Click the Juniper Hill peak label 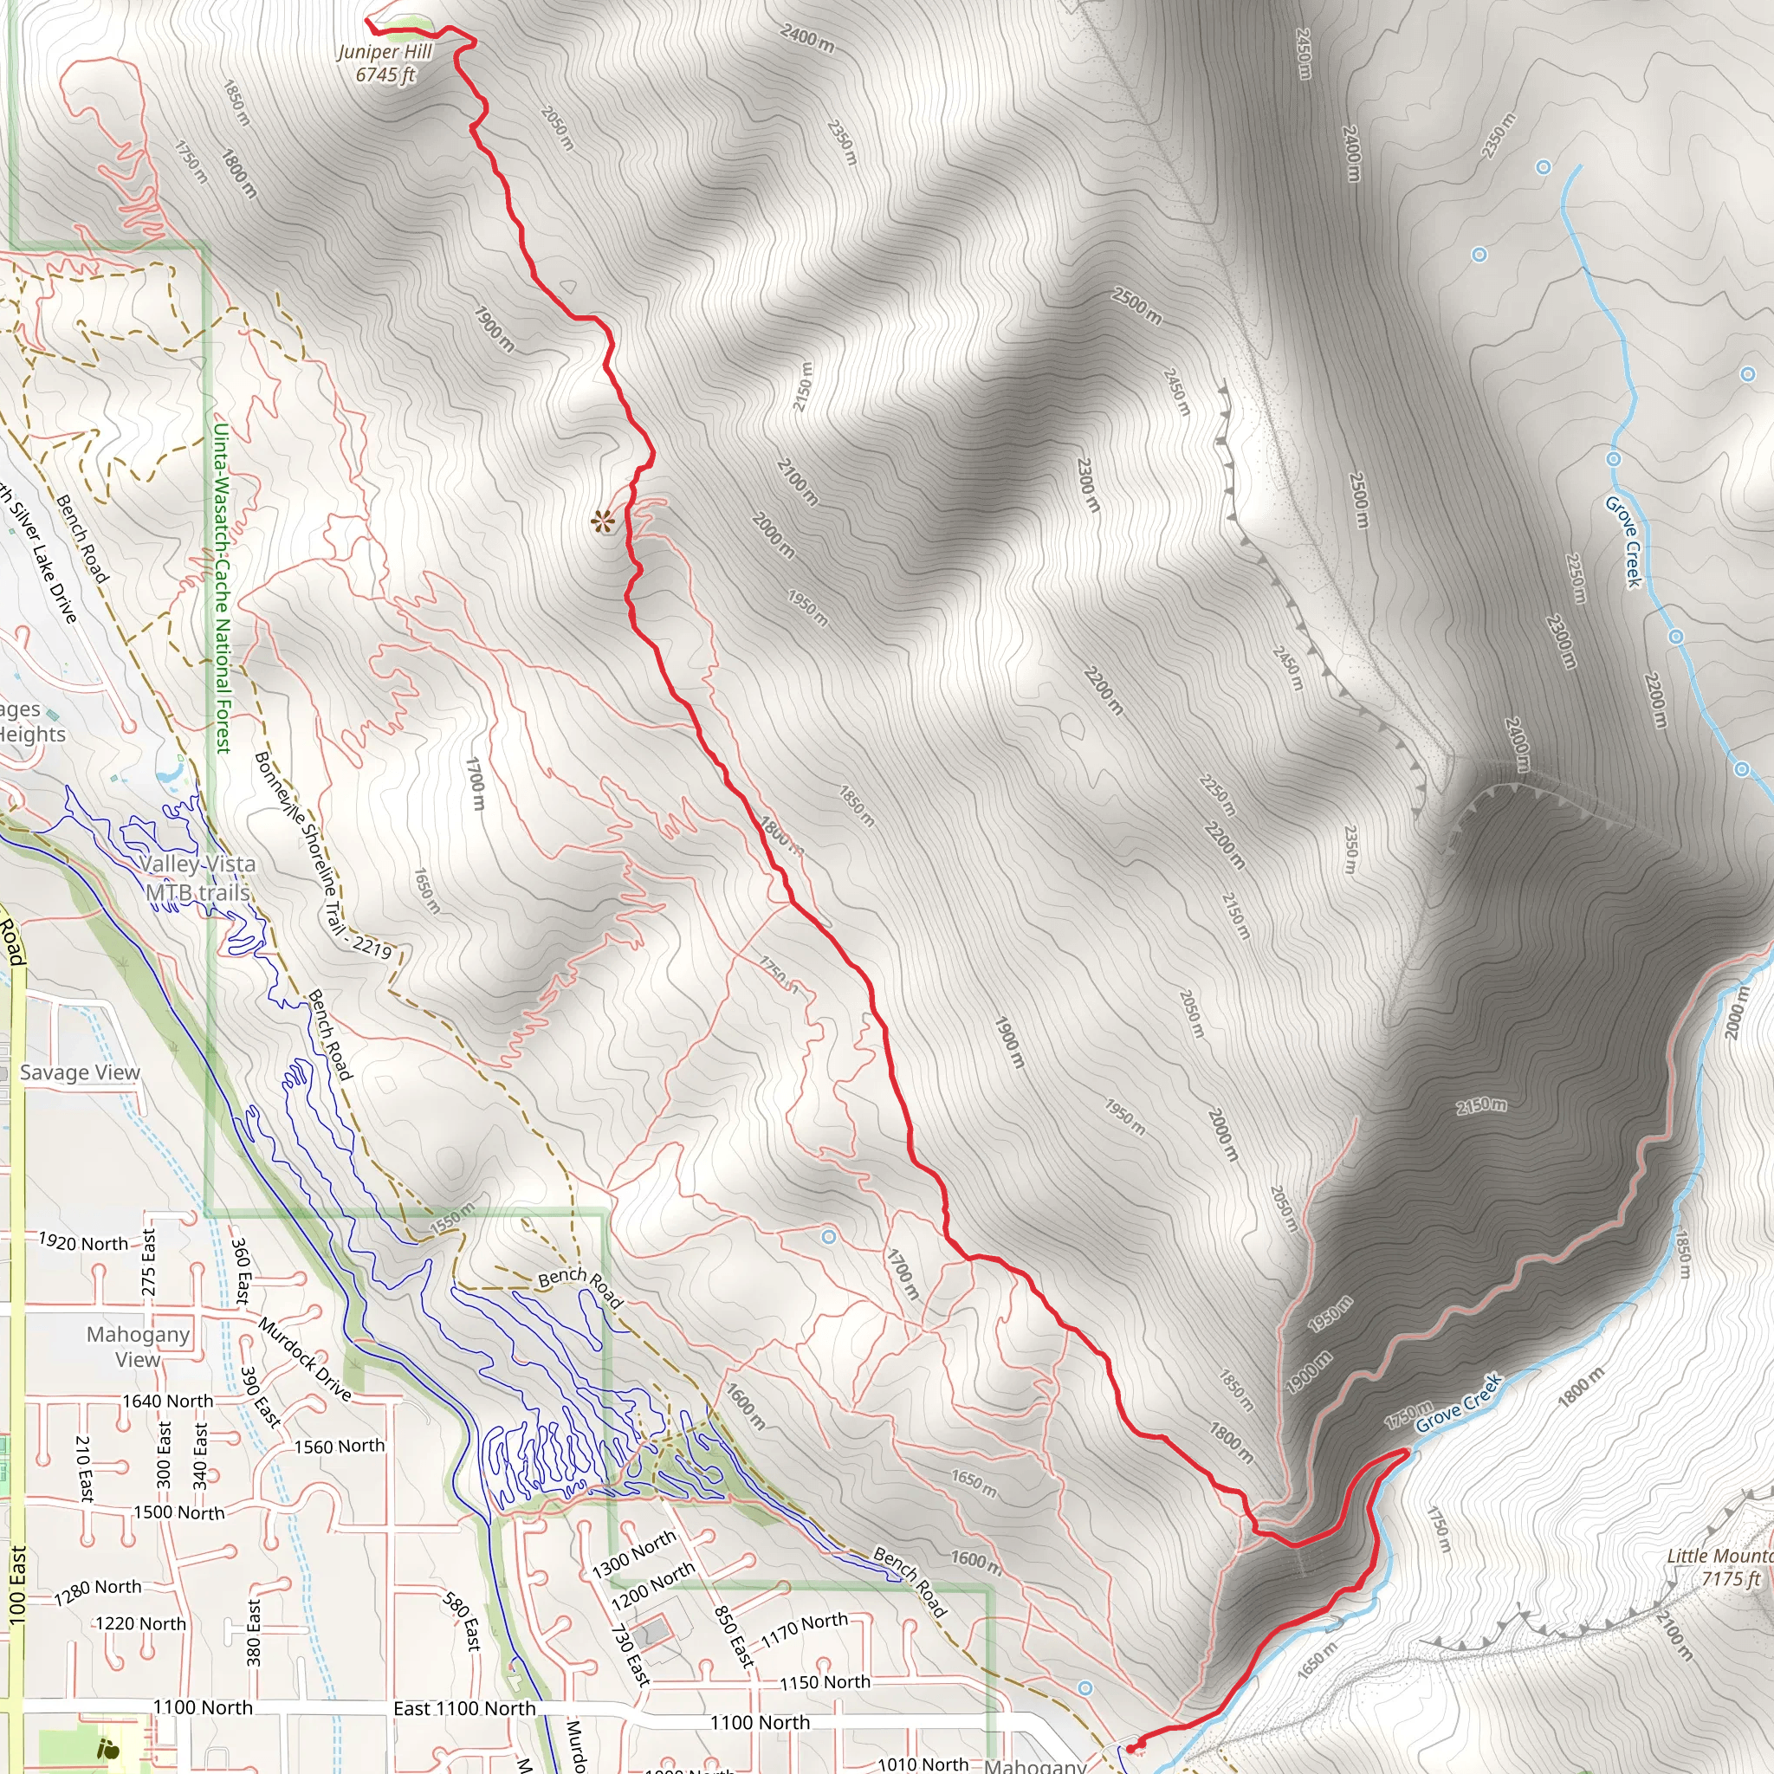[385, 62]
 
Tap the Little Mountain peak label [1718, 1566]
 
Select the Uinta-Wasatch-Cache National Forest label [221, 587]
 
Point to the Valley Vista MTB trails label [197, 877]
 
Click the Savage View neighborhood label [80, 1072]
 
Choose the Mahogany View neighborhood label [138, 1346]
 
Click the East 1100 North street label [463, 1708]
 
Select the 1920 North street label [83, 1243]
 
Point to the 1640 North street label [168, 1402]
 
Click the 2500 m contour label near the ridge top [1136, 306]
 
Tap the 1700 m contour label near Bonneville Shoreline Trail [475, 783]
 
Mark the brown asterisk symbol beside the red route [602, 522]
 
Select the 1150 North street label [825, 1682]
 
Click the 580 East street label [462, 1622]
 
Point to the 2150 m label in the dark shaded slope [1480, 1105]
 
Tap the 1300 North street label [633, 1555]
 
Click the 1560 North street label [339, 1447]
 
